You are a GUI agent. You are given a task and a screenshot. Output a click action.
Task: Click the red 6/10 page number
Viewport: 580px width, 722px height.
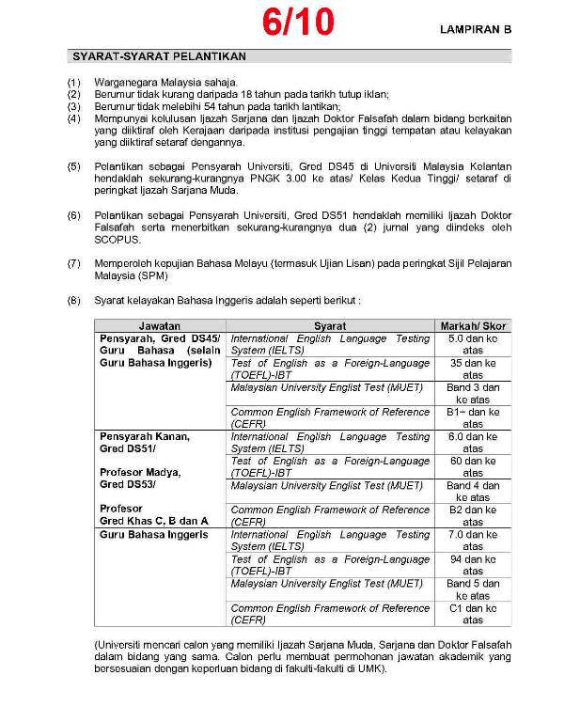point(298,22)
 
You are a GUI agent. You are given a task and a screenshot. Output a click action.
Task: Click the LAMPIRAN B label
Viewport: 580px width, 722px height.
point(476,30)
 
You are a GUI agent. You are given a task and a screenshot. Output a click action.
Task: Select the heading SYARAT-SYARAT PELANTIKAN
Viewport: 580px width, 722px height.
point(145,57)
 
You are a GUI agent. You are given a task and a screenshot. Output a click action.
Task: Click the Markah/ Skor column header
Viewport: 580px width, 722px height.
point(473,326)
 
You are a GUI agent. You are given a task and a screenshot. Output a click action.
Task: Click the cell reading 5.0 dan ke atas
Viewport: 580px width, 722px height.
point(473,344)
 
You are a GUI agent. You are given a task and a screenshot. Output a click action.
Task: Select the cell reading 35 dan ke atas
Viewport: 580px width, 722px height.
point(473,369)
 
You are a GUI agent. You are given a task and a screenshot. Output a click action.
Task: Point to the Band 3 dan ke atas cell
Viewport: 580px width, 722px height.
point(473,393)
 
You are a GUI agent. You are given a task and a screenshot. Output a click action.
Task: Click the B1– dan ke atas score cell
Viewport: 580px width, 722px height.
point(473,417)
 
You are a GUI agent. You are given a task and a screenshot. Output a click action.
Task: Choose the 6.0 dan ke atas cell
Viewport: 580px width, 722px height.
point(473,442)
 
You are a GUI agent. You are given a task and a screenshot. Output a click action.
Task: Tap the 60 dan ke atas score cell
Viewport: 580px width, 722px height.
point(473,466)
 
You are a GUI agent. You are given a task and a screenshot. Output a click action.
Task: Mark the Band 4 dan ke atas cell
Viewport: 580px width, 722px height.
point(473,491)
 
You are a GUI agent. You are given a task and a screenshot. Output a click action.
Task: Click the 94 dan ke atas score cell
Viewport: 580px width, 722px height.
point(473,564)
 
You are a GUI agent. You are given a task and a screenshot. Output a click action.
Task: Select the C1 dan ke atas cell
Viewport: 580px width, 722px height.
point(473,613)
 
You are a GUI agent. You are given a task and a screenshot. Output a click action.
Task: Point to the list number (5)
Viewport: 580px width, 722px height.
point(74,166)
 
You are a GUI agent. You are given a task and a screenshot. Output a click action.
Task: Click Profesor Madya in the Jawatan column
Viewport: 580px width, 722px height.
point(140,472)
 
